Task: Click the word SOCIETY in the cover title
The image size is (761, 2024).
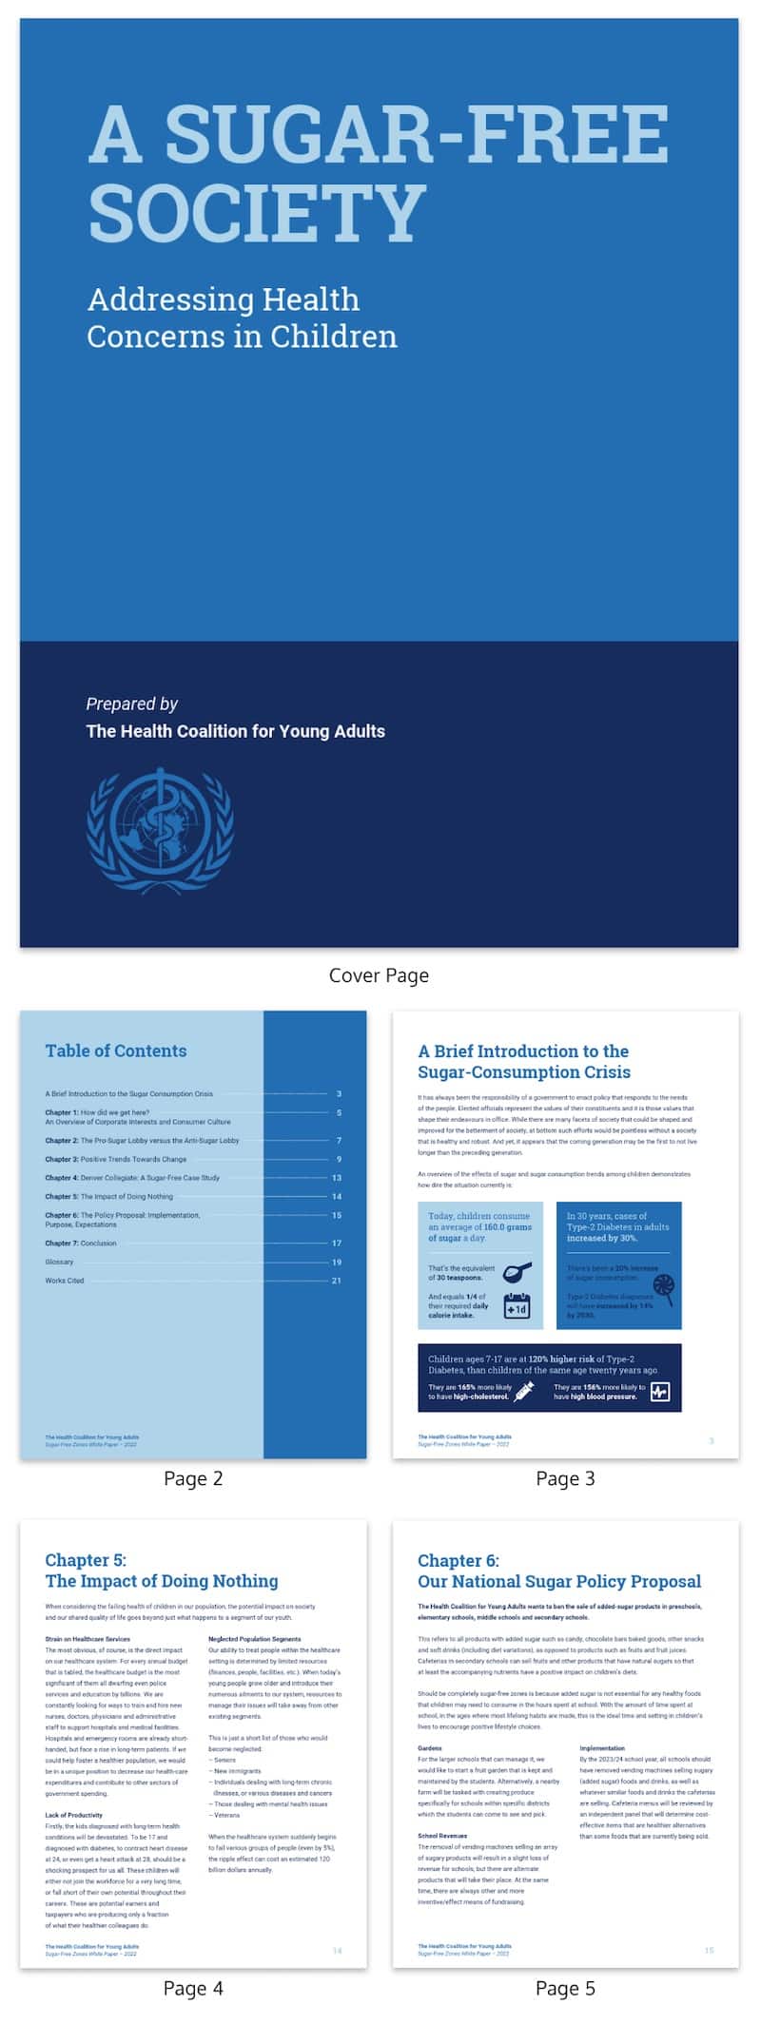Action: point(257,212)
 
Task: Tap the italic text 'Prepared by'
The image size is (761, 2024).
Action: point(132,704)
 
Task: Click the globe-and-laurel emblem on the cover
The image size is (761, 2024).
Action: point(160,830)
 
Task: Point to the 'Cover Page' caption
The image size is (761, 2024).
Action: point(379,975)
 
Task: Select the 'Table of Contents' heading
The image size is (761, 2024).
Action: point(116,1051)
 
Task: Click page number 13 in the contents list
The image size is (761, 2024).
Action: point(337,1178)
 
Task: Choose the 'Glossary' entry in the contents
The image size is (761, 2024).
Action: point(59,1262)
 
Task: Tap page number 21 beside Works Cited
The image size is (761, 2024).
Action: point(337,1281)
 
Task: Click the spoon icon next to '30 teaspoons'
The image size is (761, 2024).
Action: point(517,1272)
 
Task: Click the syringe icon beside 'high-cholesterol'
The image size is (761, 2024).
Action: point(523,1392)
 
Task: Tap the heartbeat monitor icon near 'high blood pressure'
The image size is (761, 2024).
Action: point(659,1392)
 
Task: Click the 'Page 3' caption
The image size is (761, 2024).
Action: point(565,1478)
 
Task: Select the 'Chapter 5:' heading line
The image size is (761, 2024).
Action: point(86,1560)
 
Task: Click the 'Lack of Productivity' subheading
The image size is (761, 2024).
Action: point(73,1815)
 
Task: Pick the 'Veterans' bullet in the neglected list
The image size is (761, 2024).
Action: point(226,1815)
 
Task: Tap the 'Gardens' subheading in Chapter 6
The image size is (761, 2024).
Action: point(430,1748)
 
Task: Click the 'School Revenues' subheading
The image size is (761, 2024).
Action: point(442,1836)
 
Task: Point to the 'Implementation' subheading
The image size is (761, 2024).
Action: point(602,1748)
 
